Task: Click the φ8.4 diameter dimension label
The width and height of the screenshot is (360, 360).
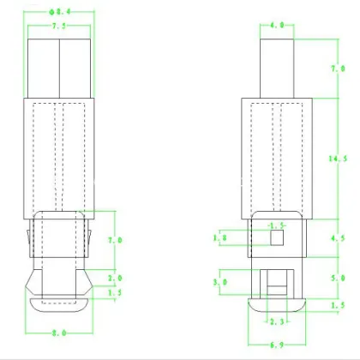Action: (x=59, y=11)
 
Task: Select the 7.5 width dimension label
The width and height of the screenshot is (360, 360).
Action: (x=60, y=27)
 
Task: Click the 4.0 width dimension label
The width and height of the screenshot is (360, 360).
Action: (x=276, y=27)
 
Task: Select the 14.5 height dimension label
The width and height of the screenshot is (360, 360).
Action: (x=339, y=159)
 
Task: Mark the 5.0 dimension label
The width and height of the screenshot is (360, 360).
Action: (x=339, y=277)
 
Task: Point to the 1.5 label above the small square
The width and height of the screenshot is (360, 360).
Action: (x=276, y=225)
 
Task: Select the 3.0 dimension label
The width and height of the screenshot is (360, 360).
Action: (x=220, y=280)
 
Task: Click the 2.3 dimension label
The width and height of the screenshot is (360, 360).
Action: (x=276, y=321)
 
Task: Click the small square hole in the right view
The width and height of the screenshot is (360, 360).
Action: (x=276, y=238)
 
